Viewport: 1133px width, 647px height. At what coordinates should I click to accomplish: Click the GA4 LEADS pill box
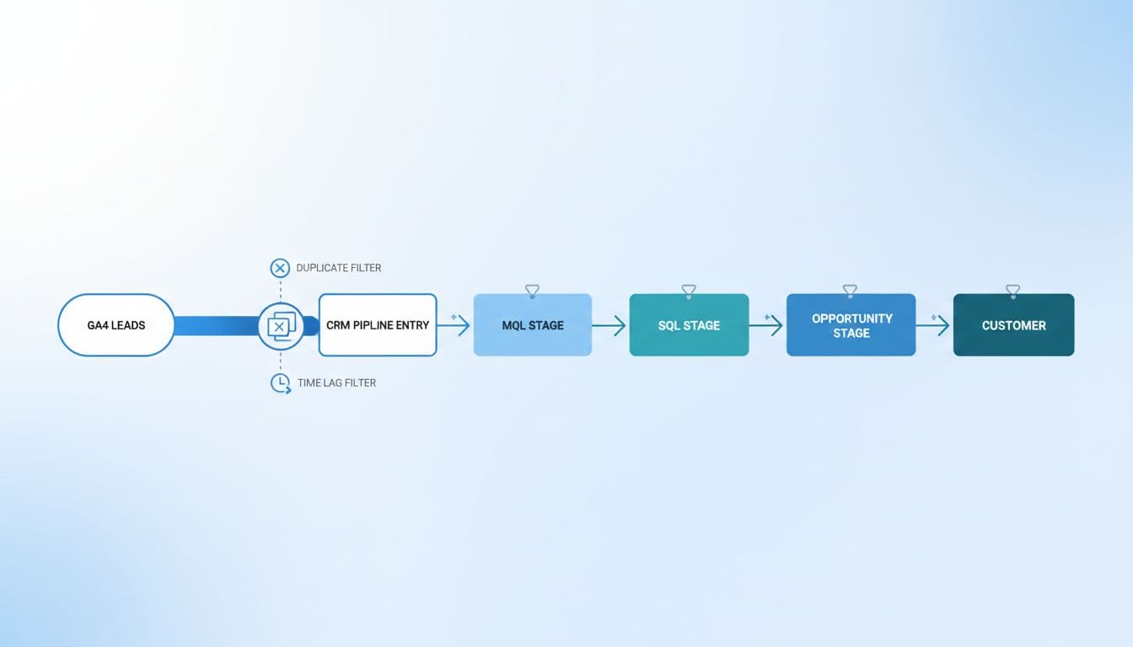pos(116,325)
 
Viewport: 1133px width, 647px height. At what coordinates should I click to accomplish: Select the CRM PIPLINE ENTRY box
pos(378,325)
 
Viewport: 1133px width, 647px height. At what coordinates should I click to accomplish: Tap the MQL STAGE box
pos(533,325)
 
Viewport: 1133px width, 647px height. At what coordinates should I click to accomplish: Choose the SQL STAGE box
pos(689,325)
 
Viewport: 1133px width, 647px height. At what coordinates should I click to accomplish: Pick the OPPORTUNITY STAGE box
pos(851,325)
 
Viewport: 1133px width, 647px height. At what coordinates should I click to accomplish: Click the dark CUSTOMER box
pos(1013,325)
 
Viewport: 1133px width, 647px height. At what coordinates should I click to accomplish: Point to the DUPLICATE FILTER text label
pos(338,268)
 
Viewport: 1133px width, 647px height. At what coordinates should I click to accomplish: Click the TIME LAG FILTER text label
pos(336,382)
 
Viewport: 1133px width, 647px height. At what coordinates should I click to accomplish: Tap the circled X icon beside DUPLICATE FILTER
pos(280,268)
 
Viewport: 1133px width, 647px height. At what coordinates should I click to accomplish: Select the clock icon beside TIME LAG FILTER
pos(280,383)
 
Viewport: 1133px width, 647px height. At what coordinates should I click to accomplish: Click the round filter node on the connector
pos(281,326)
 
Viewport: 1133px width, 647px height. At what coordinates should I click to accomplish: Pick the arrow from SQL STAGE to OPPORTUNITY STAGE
pos(767,325)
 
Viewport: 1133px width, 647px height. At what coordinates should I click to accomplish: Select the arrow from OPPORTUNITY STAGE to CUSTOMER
pos(934,325)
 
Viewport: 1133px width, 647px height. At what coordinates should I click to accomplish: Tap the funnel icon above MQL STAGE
pos(532,291)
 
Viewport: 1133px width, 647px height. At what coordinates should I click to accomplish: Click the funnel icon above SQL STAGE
pos(689,291)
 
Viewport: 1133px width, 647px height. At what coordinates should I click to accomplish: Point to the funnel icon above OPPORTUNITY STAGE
pos(850,291)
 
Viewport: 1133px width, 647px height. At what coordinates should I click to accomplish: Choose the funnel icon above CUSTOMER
pos(1012,291)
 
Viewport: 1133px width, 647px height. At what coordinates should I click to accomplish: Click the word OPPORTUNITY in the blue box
pos(851,318)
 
